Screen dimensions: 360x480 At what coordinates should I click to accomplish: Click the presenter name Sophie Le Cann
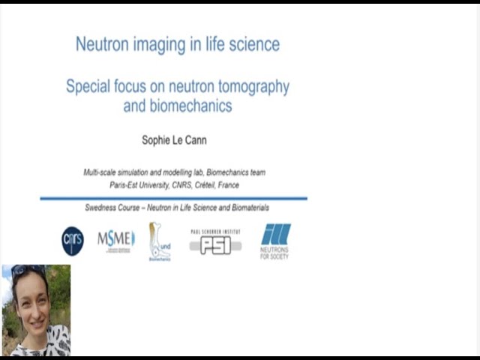tap(174, 140)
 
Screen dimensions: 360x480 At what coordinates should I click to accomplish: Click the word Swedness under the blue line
tap(103, 208)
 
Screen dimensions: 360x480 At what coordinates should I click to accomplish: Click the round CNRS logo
tap(73, 241)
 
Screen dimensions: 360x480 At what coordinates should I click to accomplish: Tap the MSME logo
tap(116, 241)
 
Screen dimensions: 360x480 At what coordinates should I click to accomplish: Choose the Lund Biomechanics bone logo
tap(159, 241)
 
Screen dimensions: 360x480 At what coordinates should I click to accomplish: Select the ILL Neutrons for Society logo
tap(275, 241)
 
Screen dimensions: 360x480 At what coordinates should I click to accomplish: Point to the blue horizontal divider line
tap(173, 199)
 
